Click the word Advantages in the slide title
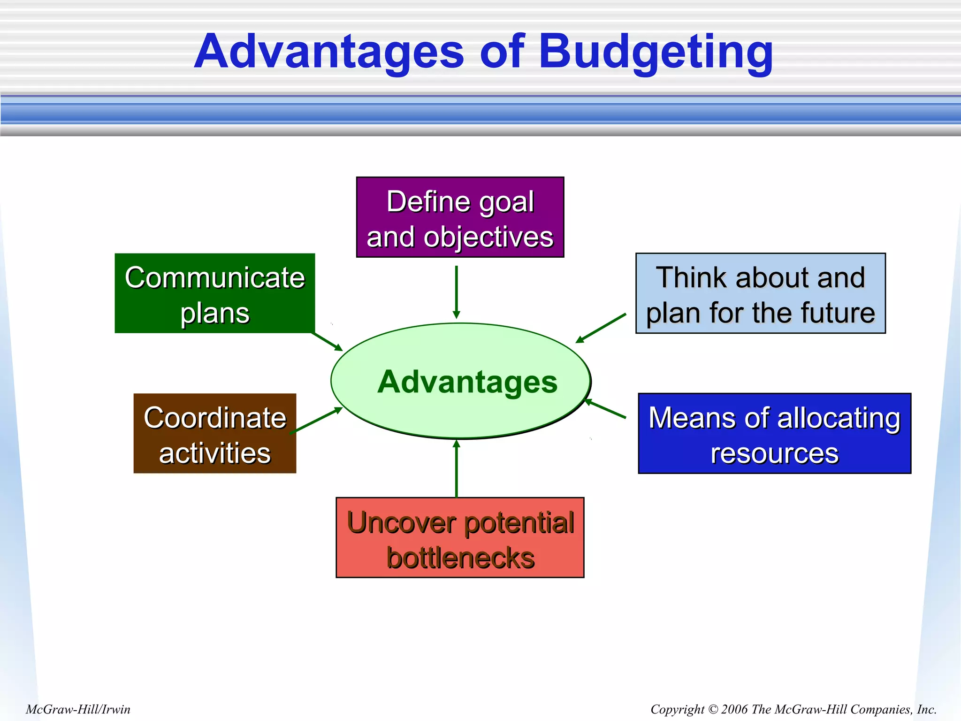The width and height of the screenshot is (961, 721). [x=328, y=52]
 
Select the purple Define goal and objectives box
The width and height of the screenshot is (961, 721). [x=460, y=217]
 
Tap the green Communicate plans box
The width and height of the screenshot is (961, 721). [x=214, y=293]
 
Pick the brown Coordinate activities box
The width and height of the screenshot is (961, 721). [x=214, y=433]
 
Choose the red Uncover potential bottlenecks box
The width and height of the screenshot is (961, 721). [x=460, y=538]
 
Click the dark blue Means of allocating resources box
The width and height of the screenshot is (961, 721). [x=774, y=433]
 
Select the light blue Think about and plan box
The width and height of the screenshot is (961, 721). [x=760, y=293]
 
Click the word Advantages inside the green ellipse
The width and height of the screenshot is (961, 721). [x=467, y=382]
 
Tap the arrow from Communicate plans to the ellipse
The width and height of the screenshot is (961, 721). [x=328, y=341]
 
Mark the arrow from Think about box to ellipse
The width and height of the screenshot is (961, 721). [x=601, y=328]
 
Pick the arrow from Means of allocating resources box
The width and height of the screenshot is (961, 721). [x=606, y=409]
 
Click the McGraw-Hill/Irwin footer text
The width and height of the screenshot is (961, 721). [x=78, y=709]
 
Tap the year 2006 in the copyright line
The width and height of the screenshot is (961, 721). [x=734, y=709]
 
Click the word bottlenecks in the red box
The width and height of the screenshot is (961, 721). [x=460, y=558]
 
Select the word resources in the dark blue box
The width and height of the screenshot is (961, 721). [x=774, y=453]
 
